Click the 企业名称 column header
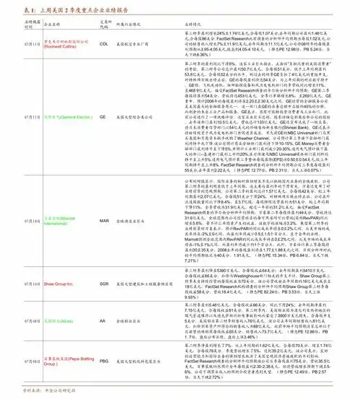pyautogui.click(x=51, y=24)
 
